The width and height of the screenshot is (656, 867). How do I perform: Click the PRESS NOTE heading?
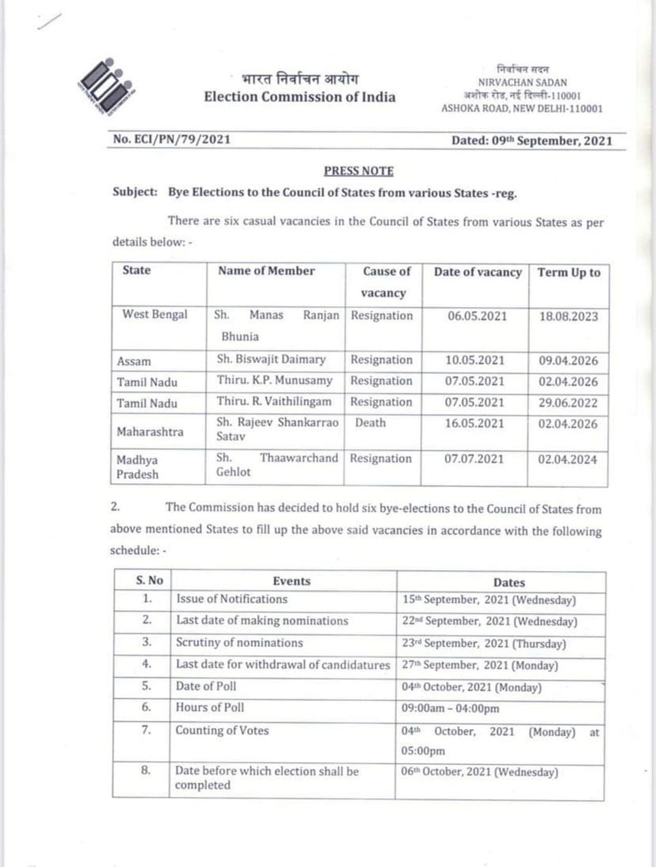(358, 171)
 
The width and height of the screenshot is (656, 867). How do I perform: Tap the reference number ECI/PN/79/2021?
(172, 139)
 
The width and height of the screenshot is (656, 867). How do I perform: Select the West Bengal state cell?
(154, 314)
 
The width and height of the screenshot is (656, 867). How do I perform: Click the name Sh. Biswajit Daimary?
(271, 359)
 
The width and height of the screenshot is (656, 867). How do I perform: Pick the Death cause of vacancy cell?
(370, 422)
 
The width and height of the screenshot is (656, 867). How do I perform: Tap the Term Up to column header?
(568, 273)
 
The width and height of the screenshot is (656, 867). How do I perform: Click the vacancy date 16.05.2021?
(474, 424)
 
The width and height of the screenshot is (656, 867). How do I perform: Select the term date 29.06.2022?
(567, 403)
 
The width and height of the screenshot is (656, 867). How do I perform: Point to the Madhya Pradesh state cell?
(137, 467)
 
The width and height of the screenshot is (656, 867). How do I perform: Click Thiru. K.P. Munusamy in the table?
(274, 380)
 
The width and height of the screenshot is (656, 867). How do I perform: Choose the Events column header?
(291, 581)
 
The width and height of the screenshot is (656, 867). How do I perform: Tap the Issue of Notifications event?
(232, 599)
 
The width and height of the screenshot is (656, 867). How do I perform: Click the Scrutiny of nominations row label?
(239, 642)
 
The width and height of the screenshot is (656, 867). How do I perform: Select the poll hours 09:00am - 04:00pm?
(449, 709)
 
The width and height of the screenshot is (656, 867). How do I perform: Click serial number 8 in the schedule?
(146, 770)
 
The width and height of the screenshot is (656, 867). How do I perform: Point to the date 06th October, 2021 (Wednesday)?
(479, 772)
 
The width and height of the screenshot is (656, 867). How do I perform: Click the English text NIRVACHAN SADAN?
(522, 83)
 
